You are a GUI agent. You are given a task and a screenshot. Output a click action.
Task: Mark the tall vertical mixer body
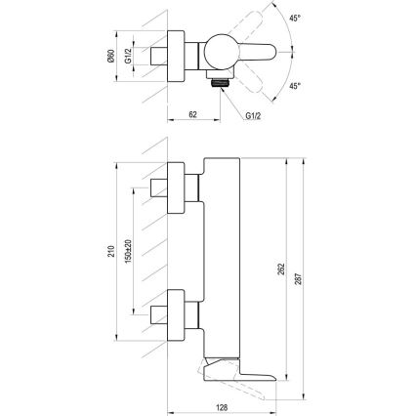pos(220,254)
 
